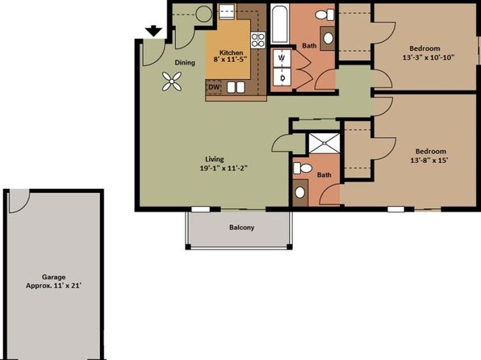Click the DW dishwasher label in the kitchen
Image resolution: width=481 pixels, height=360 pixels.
[x=215, y=87]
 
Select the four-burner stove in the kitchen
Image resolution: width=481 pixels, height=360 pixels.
[x=258, y=40]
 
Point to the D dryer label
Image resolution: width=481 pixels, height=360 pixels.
[x=282, y=77]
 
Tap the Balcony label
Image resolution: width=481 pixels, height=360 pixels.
[x=240, y=228]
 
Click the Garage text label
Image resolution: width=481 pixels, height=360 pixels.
[x=53, y=276]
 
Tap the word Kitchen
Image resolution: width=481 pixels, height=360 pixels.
[x=232, y=51]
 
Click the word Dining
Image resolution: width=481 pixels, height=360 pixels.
[x=186, y=62]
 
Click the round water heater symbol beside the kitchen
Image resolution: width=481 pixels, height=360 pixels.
[x=203, y=14]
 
